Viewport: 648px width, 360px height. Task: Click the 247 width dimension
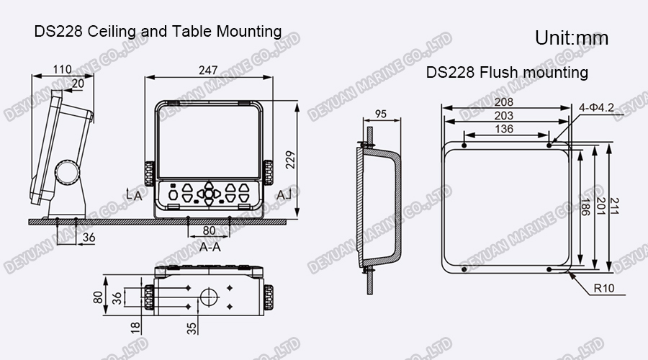(x=209, y=71)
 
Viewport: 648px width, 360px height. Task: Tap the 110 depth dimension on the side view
(x=63, y=70)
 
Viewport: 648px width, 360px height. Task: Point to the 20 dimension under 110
(x=77, y=83)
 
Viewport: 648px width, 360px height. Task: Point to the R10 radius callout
(x=603, y=289)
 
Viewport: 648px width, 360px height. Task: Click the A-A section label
(x=210, y=246)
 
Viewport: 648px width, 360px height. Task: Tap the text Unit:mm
(x=572, y=38)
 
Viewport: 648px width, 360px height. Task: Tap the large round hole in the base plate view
(x=208, y=296)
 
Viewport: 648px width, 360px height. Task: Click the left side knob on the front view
(x=150, y=174)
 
